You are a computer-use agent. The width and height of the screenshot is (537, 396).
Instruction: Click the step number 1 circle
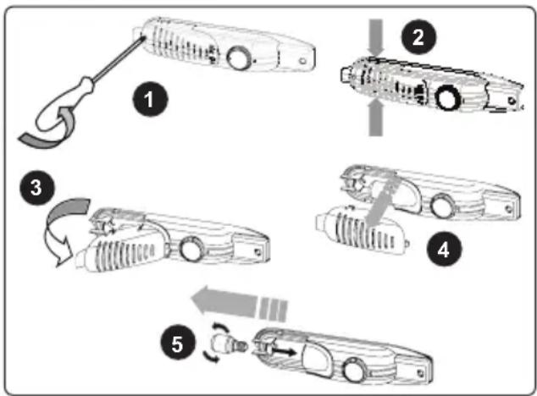(x=150, y=99)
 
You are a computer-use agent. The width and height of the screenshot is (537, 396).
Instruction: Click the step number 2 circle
(x=418, y=36)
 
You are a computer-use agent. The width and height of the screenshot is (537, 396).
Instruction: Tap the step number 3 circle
(x=36, y=188)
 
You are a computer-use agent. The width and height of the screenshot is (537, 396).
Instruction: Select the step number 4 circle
(x=444, y=249)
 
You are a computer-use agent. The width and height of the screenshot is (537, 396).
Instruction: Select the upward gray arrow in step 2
(x=376, y=118)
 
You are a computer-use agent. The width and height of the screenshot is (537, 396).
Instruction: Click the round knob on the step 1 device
(x=239, y=58)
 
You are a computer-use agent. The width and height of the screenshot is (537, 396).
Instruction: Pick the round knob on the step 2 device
(x=447, y=97)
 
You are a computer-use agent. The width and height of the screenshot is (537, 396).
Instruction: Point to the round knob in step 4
(x=443, y=206)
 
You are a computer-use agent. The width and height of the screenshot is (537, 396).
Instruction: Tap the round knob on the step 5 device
(x=355, y=370)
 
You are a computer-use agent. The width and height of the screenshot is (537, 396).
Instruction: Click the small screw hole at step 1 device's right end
(x=302, y=61)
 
